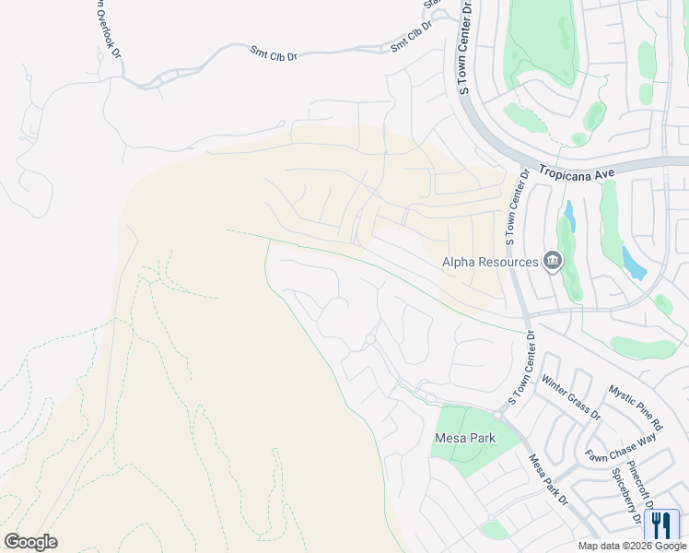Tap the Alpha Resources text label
[490, 262]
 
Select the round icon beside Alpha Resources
[552, 261]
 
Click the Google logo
[30, 541]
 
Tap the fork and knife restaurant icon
[660, 525]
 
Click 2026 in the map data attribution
[633, 546]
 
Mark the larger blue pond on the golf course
[633, 262]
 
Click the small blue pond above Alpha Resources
[569, 217]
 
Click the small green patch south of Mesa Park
[495, 529]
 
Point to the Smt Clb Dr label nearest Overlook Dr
[274, 54]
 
